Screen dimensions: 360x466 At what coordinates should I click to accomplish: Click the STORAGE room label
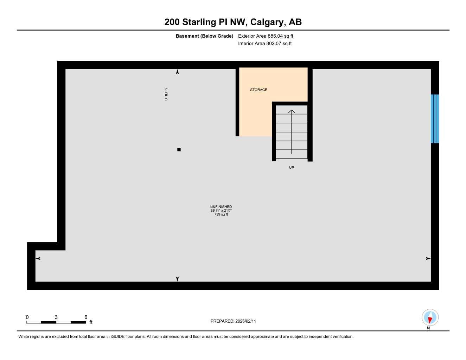258,90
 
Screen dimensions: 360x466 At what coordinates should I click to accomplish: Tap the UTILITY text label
166,94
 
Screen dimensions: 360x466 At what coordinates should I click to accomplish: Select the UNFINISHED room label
221,207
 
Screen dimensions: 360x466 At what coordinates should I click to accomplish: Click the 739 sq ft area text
221,214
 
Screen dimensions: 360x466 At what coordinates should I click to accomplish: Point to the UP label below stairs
291,167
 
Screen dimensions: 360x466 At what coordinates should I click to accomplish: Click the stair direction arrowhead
292,111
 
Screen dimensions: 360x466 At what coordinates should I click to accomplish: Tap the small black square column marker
179,150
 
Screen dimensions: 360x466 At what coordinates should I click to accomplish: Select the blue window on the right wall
435,119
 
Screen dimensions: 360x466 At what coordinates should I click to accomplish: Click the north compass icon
430,318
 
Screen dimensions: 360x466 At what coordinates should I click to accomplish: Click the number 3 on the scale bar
56,317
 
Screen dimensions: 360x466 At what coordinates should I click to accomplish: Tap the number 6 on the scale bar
86,317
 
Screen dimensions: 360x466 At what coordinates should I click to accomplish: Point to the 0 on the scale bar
27,317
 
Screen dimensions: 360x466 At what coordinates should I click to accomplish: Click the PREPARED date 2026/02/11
233,321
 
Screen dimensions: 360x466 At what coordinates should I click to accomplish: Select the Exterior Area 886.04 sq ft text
266,36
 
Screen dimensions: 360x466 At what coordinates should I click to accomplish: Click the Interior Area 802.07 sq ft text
265,44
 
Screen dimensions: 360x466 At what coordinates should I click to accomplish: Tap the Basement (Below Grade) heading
204,36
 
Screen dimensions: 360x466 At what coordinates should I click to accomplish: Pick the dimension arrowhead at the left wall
38,258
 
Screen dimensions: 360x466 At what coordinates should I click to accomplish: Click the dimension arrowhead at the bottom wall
177,279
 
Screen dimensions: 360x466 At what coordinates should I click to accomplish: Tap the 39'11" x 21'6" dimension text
221,211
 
